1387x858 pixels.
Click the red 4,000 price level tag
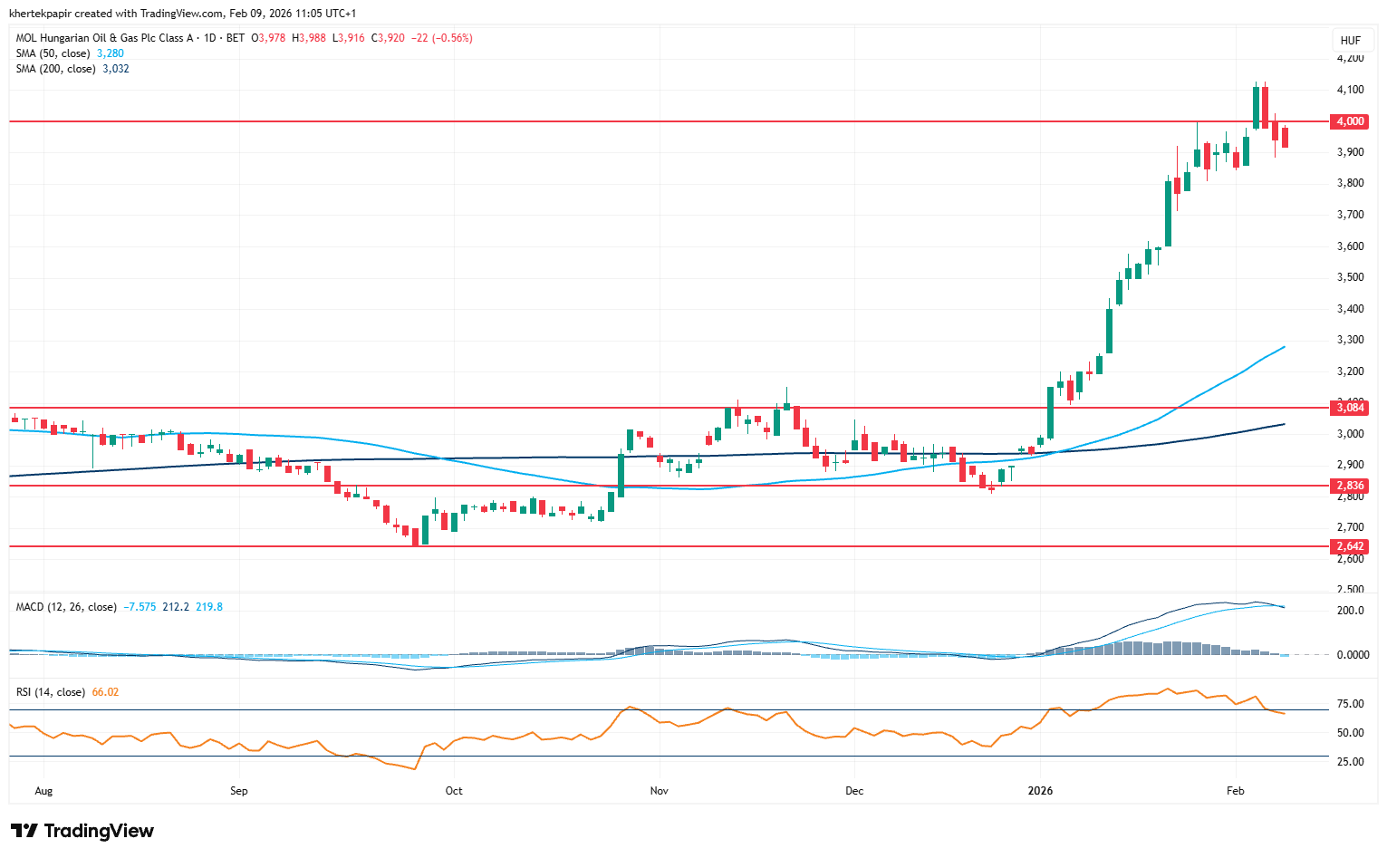tap(1350, 121)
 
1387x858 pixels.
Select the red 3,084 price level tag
tap(1350, 408)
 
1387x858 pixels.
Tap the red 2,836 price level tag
tap(1350, 486)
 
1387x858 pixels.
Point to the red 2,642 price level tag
tap(1350, 546)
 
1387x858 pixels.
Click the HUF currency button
tap(1350, 40)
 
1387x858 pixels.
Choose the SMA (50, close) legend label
tap(53, 53)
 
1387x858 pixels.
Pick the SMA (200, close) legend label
tap(55, 69)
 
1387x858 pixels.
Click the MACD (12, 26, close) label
tap(66, 607)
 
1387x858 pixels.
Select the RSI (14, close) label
tap(51, 692)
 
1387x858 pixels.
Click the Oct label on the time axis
tap(454, 791)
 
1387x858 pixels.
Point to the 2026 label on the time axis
tap(1040, 791)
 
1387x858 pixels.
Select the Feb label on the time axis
tap(1235, 791)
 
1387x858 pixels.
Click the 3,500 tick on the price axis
tap(1350, 277)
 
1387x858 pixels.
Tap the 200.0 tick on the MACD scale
tap(1350, 611)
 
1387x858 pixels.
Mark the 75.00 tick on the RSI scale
tap(1350, 704)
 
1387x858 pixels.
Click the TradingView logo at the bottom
tap(82, 831)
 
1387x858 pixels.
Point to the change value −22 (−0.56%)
tap(441, 38)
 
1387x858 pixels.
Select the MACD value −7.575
tap(140, 607)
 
